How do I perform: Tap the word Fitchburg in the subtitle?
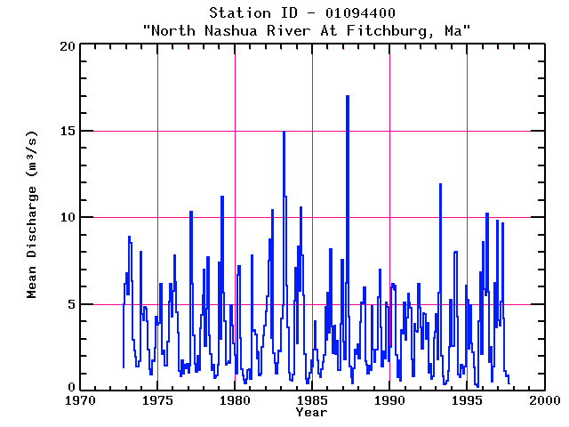tap(389, 31)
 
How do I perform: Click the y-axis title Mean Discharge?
tap(32, 216)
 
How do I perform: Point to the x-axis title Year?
tap(311, 413)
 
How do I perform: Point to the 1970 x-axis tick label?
tap(80, 401)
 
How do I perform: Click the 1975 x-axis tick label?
tap(157, 401)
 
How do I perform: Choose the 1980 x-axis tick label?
tap(235, 401)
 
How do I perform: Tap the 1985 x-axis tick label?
tap(312, 401)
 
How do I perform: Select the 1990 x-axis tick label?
tap(389, 401)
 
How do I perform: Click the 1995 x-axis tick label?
tap(467, 401)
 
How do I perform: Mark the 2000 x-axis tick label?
tap(544, 401)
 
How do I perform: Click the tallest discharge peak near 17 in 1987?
tap(348, 96)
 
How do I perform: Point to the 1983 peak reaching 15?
tap(284, 132)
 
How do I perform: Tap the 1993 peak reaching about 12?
tap(440, 184)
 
